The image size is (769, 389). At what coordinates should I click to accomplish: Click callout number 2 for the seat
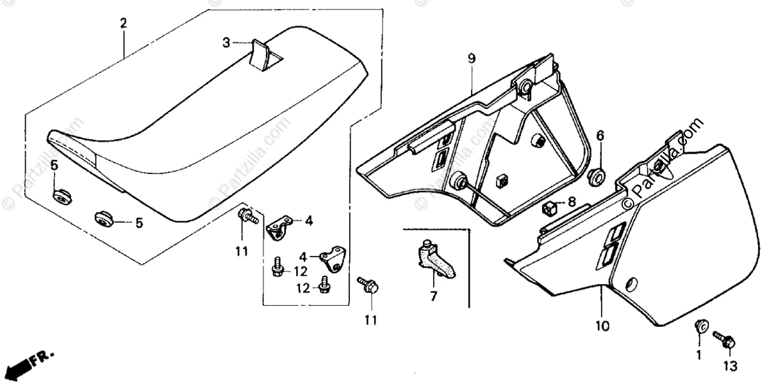[123, 24]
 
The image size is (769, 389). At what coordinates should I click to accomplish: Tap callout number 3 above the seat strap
[226, 43]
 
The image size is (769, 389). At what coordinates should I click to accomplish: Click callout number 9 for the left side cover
[471, 59]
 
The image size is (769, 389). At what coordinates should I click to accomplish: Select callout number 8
[572, 202]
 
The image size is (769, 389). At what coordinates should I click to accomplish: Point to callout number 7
[433, 296]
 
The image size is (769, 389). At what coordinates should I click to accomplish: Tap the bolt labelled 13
[725, 338]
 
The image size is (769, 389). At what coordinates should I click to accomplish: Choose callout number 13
[731, 366]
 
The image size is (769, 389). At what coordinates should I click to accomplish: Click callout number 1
[699, 354]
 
